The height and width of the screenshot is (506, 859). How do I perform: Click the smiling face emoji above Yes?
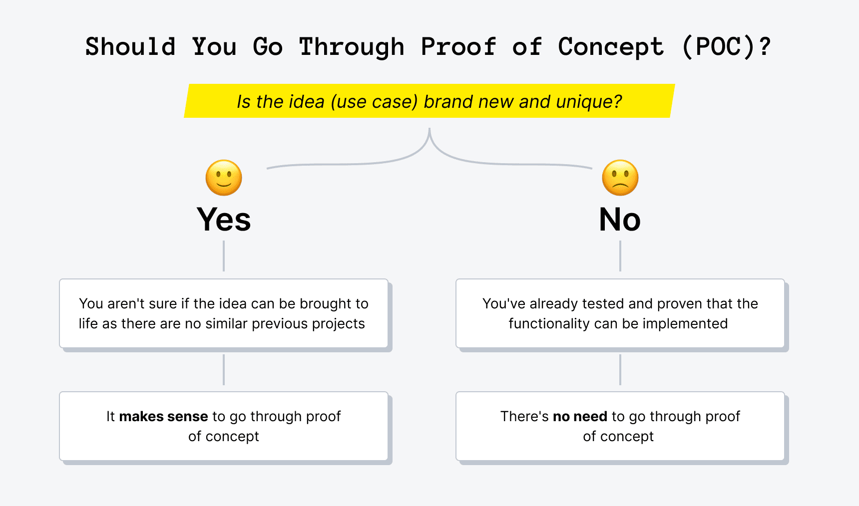(224, 178)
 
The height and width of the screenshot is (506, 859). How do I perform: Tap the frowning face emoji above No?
(620, 178)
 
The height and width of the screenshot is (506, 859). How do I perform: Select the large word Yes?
(224, 220)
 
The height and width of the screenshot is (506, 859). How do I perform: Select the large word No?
(620, 220)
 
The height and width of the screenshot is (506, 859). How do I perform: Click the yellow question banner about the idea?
(429, 101)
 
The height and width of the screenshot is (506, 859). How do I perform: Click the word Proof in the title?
(458, 47)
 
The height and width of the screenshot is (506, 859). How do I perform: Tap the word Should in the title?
(130, 47)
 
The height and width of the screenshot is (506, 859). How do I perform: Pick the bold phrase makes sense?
(163, 416)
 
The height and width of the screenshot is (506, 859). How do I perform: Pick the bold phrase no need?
(580, 416)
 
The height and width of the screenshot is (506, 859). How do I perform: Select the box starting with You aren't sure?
(224, 313)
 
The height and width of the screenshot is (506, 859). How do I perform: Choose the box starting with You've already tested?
(620, 313)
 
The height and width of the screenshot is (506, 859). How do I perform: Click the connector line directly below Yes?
(224, 256)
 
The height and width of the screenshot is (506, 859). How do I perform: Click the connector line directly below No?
(620, 256)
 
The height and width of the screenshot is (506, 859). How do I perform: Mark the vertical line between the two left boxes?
(224, 370)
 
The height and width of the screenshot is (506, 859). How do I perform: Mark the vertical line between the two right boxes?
(620, 370)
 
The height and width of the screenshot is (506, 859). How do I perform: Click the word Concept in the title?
(611, 47)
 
